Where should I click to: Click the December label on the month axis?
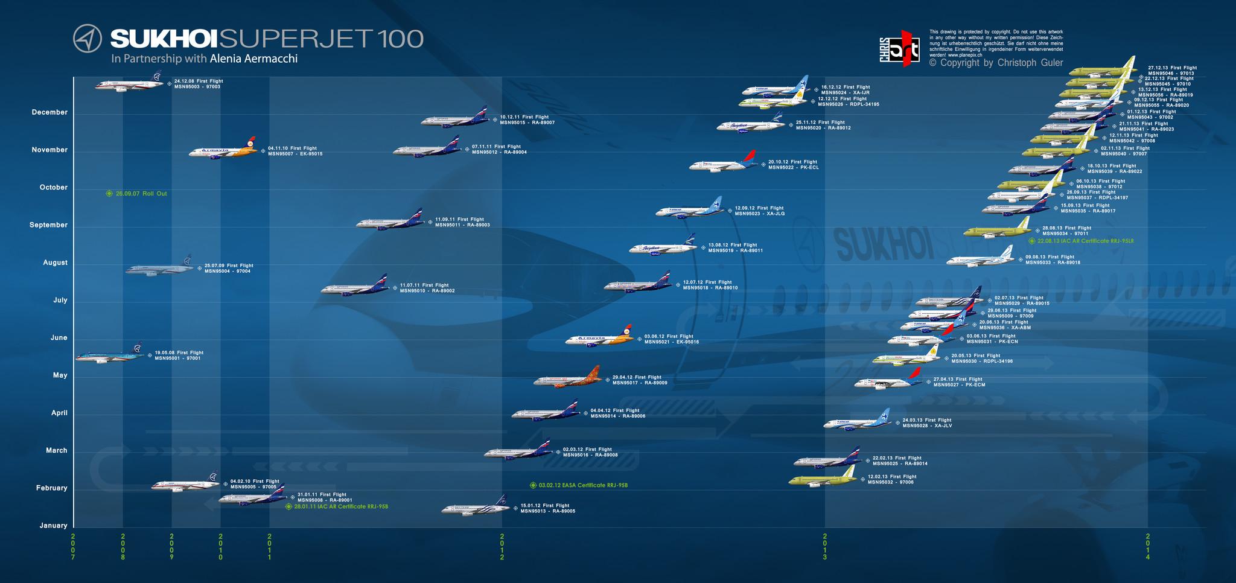tap(49, 112)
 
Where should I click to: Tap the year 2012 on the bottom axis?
tap(502, 546)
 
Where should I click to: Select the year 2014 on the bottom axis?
tap(1147, 546)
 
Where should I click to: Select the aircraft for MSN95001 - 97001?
tap(109, 355)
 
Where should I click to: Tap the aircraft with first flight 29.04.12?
tap(567, 379)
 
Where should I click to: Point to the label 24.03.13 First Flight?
tap(926, 420)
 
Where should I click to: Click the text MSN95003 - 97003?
tap(197, 87)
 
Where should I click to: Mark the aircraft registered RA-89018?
tap(980, 259)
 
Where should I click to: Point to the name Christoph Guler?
tap(1030, 63)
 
